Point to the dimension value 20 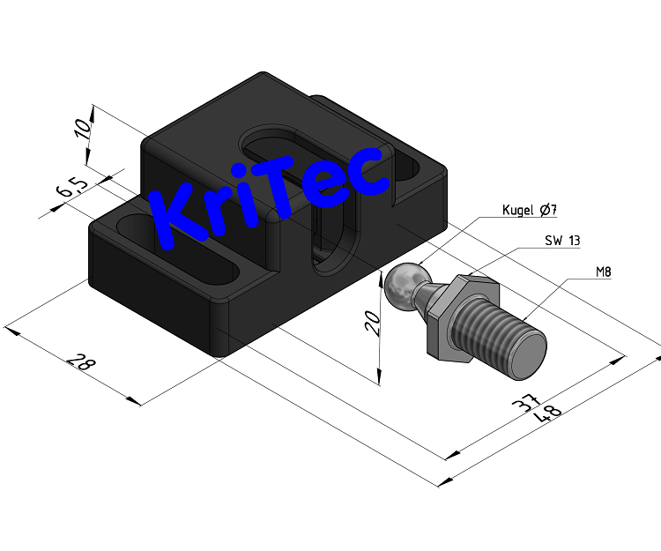click(371, 324)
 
